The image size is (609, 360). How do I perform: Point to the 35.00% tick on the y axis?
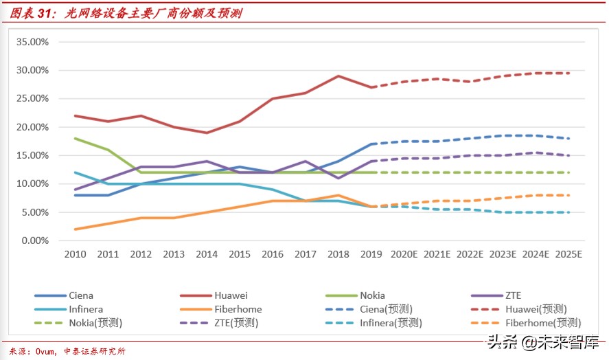[x=32, y=42]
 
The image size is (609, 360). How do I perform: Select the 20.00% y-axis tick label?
[x=32, y=127]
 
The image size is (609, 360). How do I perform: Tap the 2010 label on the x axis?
[x=75, y=254]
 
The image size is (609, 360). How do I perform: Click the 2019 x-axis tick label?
[x=371, y=254]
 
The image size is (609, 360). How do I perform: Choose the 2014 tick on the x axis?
[x=207, y=254]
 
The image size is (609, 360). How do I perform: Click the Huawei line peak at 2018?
[x=338, y=76]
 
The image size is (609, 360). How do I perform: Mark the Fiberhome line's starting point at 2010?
[x=75, y=229]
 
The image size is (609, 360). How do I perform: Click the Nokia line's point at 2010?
[x=75, y=138]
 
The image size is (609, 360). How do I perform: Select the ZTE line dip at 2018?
[x=338, y=178]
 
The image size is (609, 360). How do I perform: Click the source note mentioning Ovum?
[x=67, y=351]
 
